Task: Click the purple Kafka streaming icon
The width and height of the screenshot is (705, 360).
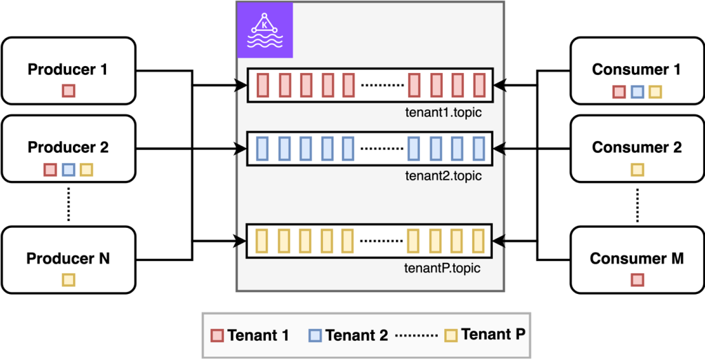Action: point(265,30)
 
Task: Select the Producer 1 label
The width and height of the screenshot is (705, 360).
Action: point(67,70)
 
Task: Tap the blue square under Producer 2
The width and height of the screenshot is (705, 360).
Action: point(68,169)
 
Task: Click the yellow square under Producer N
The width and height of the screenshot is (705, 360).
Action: point(68,279)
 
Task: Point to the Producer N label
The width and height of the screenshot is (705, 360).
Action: point(67,259)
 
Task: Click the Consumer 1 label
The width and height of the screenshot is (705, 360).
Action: point(637,70)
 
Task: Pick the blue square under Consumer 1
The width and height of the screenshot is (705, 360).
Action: point(637,92)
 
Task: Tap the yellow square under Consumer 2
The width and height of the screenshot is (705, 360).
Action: point(637,169)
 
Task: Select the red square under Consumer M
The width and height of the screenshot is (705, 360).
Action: point(637,279)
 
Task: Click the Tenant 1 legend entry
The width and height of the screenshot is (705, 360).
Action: point(249,335)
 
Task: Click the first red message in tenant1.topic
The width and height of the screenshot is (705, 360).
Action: point(262,85)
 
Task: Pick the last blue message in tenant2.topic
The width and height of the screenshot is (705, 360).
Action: point(478,148)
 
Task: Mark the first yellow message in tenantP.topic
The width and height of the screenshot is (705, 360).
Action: point(262,240)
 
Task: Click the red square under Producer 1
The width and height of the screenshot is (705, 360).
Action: point(68,91)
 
